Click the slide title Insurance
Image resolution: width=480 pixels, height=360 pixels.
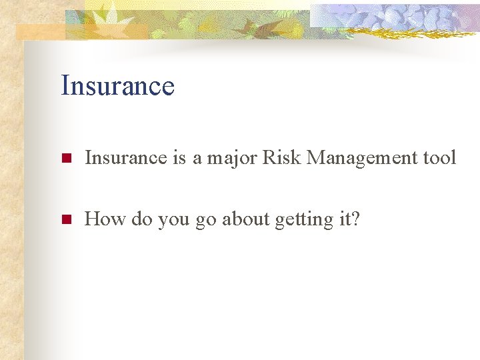click(117, 86)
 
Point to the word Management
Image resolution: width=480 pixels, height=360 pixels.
click(357, 159)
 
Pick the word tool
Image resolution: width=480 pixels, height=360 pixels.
click(440, 158)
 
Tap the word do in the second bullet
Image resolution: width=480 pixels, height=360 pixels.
click(141, 219)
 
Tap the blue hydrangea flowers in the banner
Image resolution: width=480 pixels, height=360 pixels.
click(400, 15)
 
